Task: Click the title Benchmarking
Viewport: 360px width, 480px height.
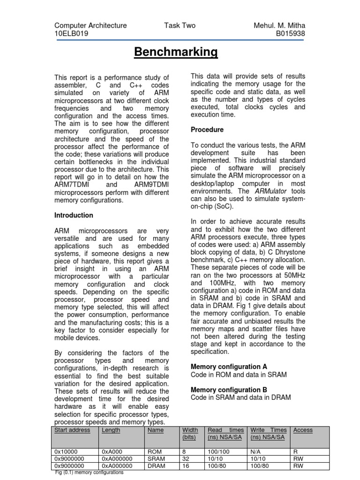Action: (176, 52)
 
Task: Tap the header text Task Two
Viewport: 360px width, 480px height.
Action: (180, 26)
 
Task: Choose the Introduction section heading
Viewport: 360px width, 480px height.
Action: (74, 215)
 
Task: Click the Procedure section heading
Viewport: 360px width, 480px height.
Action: (207, 129)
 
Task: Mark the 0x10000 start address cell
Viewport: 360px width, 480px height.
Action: (66, 451)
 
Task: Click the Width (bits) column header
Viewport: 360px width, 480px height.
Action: (190, 434)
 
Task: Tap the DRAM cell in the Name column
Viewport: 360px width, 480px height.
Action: (156, 466)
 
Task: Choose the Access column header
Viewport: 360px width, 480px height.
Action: (303, 430)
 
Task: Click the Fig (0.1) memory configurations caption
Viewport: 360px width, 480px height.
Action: (89, 472)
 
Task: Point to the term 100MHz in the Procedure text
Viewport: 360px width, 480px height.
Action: (223, 283)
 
